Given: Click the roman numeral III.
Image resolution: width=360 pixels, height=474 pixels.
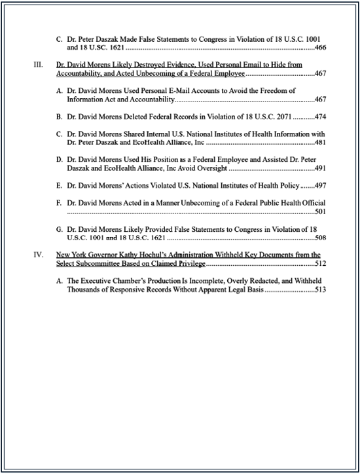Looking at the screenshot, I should pyautogui.click(x=39, y=65).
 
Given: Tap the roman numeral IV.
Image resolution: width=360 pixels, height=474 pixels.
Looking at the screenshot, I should pyautogui.click(x=39, y=254).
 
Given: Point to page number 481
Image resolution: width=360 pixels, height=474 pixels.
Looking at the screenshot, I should pyautogui.click(x=320, y=143).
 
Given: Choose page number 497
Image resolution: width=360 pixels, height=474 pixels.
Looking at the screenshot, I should pyautogui.click(x=320, y=185).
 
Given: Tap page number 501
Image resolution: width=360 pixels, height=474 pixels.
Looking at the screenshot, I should pyautogui.click(x=320, y=212).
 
